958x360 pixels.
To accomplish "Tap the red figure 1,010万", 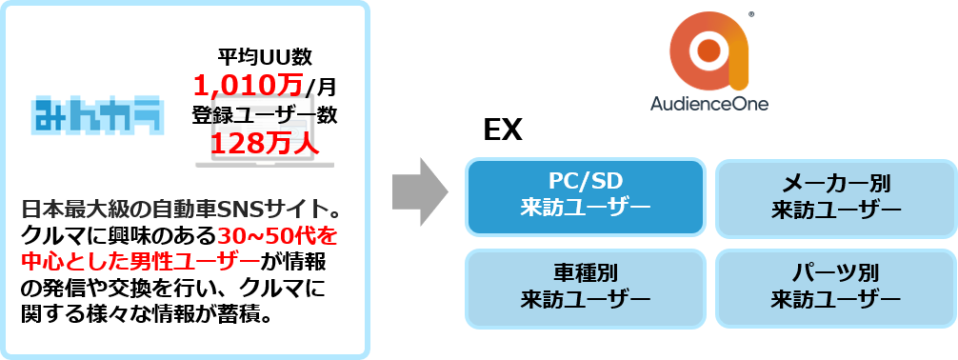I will (x=249, y=86).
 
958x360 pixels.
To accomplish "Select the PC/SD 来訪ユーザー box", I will (x=585, y=196).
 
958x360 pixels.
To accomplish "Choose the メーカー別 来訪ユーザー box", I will (x=835, y=196).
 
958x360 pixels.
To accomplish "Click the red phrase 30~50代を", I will (x=278, y=234).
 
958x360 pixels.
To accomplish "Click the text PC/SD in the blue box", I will (x=585, y=182).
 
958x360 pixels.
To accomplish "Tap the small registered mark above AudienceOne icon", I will (x=752, y=14).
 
